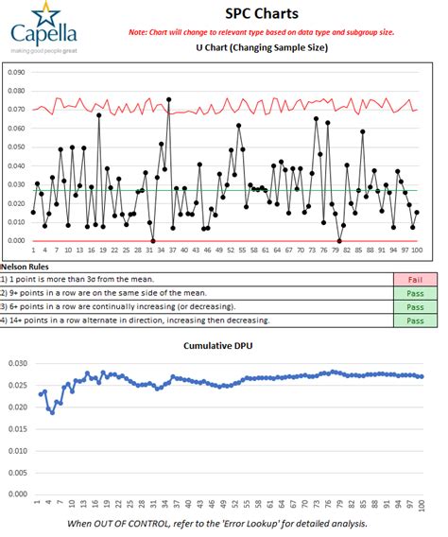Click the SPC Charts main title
[x=262, y=14]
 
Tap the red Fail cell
[x=415, y=279]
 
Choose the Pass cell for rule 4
[x=415, y=321]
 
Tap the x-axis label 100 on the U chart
[x=416, y=250]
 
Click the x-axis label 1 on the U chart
[x=33, y=250]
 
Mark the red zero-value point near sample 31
[x=153, y=240]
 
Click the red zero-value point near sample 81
[x=338, y=240]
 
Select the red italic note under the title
[x=262, y=32]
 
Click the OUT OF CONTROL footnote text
[x=224, y=523]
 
